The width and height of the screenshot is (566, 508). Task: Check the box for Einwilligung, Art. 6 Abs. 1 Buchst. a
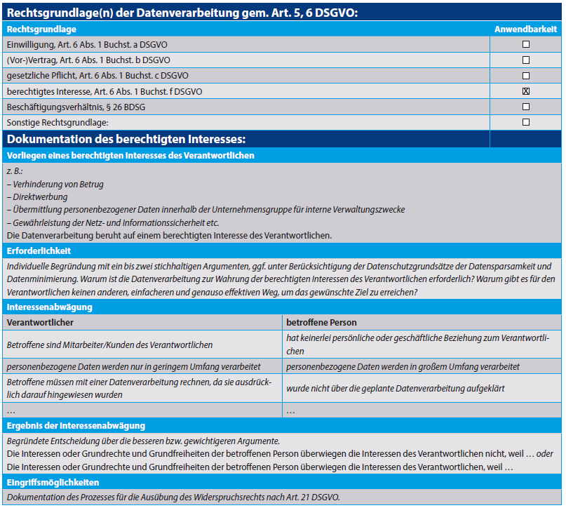pyautogui.click(x=526, y=44)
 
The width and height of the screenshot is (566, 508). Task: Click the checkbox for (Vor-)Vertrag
pyautogui.click(x=526, y=60)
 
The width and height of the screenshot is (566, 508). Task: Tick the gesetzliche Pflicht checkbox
pyautogui.click(x=526, y=76)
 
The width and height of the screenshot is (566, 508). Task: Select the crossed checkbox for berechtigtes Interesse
pyautogui.click(x=526, y=91)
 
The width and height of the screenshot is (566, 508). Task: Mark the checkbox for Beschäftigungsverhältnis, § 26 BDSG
pyautogui.click(x=526, y=107)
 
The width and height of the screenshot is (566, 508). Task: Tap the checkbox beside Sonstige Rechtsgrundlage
pyautogui.click(x=526, y=122)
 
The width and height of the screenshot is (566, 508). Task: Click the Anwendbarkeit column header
pyautogui.click(x=526, y=29)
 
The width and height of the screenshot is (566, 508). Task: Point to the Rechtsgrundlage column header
pyautogui.click(x=41, y=29)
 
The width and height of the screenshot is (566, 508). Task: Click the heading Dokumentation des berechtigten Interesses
pyautogui.click(x=126, y=139)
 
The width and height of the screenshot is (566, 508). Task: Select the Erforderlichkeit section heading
pyautogui.click(x=39, y=250)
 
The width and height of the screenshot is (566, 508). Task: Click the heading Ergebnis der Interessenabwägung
pyautogui.click(x=76, y=426)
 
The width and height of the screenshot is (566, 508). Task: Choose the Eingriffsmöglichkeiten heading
pyautogui.click(x=53, y=483)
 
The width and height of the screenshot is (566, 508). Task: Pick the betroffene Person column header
pyautogui.click(x=321, y=323)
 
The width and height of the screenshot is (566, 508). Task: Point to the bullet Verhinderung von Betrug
pyautogui.click(x=57, y=185)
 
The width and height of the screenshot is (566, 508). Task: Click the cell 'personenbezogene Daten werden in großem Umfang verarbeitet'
pyautogui.click(x=403, y=366)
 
